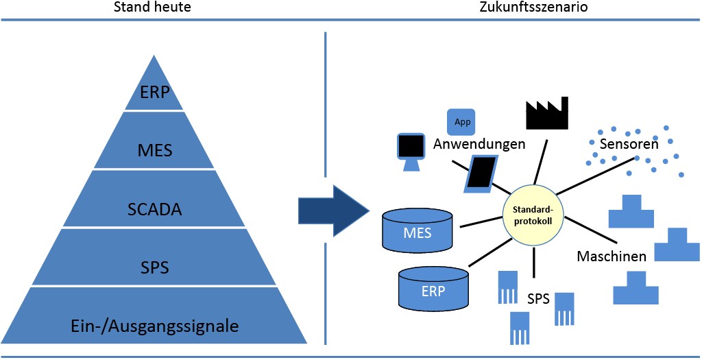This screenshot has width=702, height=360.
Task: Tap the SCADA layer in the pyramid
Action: [155, 208]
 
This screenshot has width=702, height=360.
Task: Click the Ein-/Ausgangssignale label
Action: [155, 324]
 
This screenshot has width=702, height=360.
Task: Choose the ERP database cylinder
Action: [433, 287]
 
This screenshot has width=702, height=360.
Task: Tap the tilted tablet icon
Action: [482, 173]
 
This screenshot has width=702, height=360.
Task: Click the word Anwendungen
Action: [479, 144]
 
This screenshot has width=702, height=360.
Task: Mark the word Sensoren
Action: [628, 145]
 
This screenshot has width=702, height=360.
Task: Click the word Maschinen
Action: [612, 257]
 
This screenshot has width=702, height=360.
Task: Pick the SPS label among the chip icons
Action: [539, 299]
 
